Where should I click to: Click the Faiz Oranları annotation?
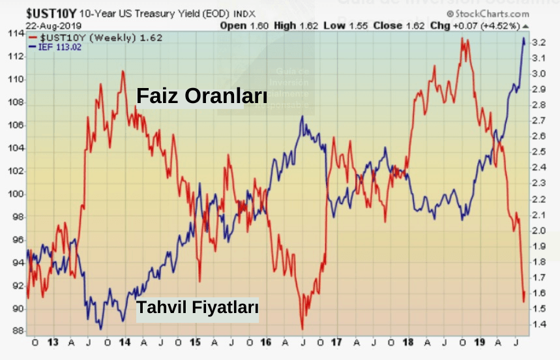201,96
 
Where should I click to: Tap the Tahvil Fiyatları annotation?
197,308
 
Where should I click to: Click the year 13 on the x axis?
53,342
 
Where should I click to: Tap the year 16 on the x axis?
265,342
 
